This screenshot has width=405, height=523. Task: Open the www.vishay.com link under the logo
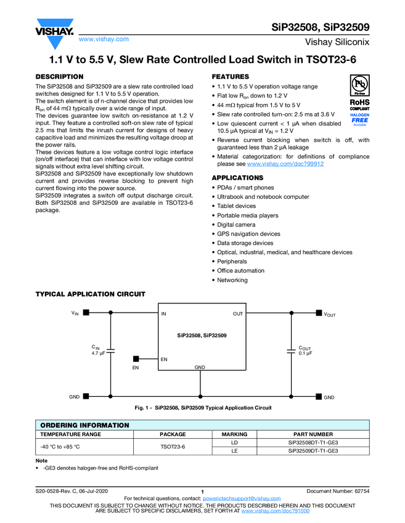104,39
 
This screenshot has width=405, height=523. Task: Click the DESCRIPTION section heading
60,76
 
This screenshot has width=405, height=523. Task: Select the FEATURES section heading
231,76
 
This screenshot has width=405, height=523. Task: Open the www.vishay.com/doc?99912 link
285,164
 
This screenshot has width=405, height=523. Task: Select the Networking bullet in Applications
232,280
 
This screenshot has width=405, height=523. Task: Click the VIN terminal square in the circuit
86,313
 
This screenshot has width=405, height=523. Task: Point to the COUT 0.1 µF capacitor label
306,351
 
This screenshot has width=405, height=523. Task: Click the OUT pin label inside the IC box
238,314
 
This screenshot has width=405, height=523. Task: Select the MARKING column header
234,434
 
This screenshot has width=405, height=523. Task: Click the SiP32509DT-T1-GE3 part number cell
313,450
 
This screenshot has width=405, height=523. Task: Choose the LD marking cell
234,442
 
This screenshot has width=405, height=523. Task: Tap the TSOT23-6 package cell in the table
173,447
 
